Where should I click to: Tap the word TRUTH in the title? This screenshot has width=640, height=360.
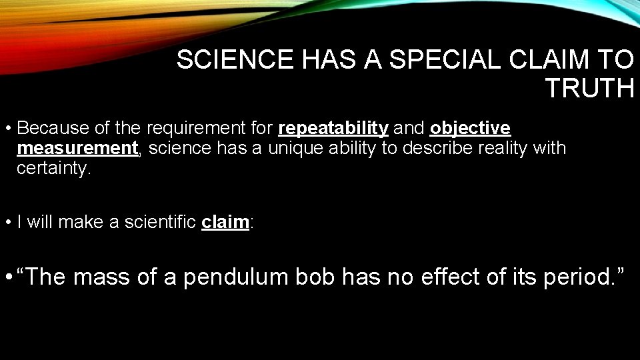coord(589,88)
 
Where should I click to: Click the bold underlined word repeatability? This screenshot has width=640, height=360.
coord(333,127)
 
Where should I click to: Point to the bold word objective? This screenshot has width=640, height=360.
coord(470,127)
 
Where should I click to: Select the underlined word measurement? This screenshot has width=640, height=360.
coord(77,147)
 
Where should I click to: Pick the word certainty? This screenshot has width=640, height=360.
coord(51,167)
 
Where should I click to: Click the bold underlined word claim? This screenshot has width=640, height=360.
coord(225,222)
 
